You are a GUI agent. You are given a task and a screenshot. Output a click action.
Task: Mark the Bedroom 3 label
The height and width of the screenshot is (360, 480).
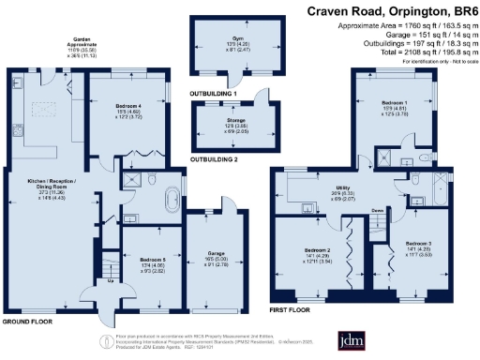418,242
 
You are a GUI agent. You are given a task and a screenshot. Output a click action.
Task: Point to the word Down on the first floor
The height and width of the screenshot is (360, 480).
377,212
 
